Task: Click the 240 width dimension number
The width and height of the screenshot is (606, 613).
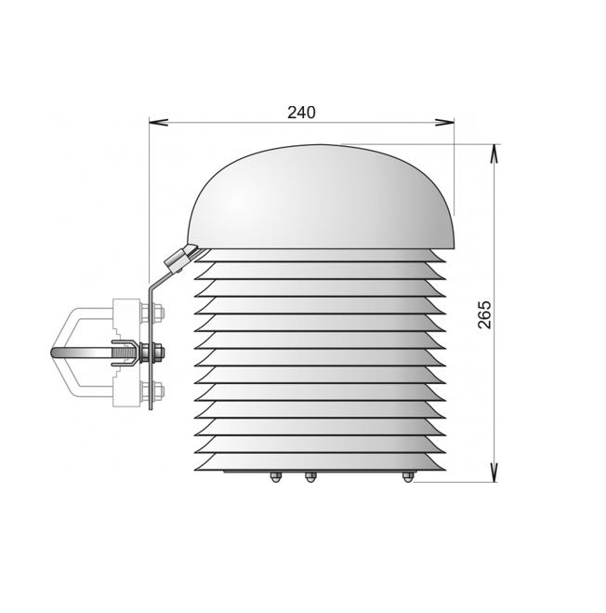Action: (301, 113)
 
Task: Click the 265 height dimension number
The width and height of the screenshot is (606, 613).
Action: (484, 314)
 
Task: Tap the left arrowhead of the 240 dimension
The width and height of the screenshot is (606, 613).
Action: (158, 123)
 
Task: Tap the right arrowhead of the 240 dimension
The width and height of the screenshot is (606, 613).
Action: (444, 123)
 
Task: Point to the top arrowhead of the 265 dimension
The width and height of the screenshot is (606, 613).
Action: (494, 153)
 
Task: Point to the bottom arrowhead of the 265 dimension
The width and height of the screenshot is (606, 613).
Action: (494, 473)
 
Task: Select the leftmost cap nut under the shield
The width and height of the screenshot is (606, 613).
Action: (275, 477)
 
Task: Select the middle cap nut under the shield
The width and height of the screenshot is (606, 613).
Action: (310, 477)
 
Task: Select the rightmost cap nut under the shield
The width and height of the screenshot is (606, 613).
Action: (407, 477)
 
